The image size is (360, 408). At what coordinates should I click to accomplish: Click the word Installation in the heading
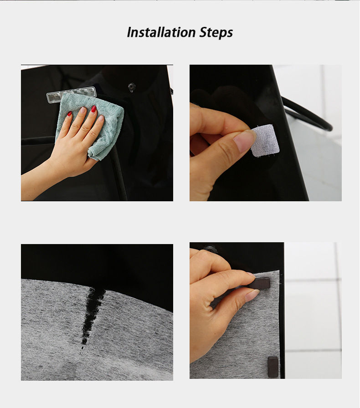[161, 33]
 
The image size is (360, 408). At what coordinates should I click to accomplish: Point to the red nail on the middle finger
[93, 109]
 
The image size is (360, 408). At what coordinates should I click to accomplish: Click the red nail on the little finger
[69, 114]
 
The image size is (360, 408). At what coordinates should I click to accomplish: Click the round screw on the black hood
[132, 86]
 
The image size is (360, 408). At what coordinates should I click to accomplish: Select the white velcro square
[265, 140]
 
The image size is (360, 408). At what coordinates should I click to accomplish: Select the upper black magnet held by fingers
[260, 284]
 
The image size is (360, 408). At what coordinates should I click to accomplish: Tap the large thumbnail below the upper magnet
[252, 295]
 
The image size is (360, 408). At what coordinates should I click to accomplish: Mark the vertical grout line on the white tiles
[338, 310]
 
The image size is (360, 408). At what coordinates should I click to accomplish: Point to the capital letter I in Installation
[129, 33]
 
